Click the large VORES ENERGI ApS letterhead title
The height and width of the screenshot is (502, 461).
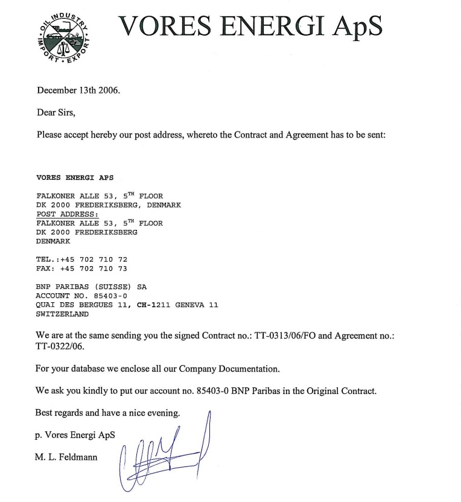coord(250,25)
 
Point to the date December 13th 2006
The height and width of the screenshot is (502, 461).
coord(78,91)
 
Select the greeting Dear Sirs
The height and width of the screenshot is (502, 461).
coord(56,112)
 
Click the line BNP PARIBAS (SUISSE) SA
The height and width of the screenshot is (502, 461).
coord(91,287)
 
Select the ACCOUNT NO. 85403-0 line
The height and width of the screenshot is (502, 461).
coord(81,296)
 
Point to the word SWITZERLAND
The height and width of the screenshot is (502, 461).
coord(62,314)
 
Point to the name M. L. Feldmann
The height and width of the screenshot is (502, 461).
coord(66,457)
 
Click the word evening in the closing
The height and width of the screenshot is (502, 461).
coord(162,413)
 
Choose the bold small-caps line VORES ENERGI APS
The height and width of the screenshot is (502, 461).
coord(75,178)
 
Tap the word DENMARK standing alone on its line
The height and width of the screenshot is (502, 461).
coord(53,241)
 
